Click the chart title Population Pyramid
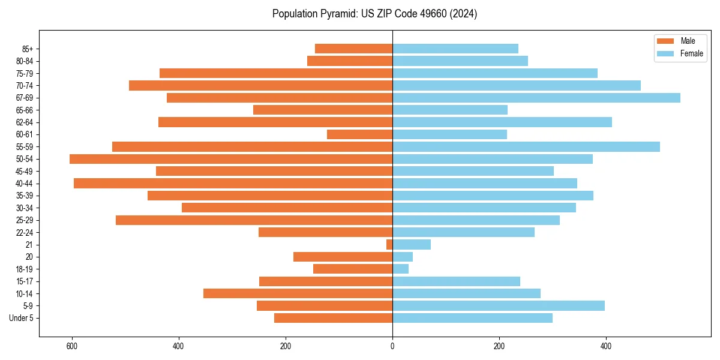point(374,14)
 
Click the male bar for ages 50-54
point(231,159)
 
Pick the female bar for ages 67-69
point(536,98)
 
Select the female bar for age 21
point(412,245)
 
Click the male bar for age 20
point(343,257)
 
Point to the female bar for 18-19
point(401,269)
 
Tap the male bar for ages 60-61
point(359,134)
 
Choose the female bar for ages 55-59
point(526,146)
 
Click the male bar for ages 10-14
point(298,293)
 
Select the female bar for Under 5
point(472,318)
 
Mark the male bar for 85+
point(353,49)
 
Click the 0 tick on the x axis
point(392,346)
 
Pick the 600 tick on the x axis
point(72,346)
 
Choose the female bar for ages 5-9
point(499,305)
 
